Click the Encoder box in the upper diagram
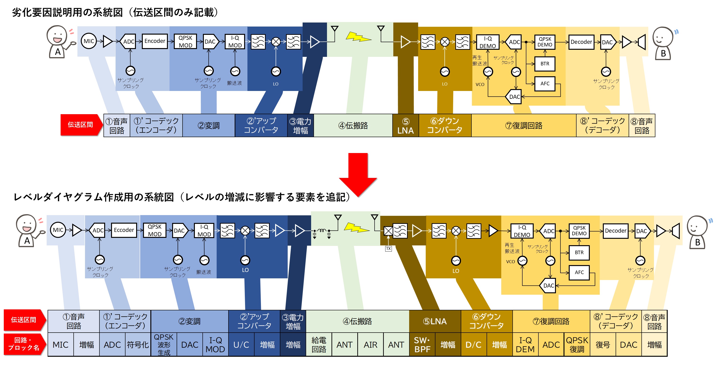click(x=155, y=41)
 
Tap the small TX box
click(x=388, y=249)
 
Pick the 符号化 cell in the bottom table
click(x=138, y=345)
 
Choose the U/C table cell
click(x=241, y=345)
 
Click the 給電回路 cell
click(x=318, y=345)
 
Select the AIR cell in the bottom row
click(x=370, y=345)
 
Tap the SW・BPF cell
click(x=422, y=345)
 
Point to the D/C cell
click(x=473, y=345)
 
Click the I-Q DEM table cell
click(x=525, y=345)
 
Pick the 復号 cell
click(x=603, y=345)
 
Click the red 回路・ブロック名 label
click(x=24, y=344)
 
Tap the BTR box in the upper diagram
click(x=545, y=64)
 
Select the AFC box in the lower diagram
click(x=579, y=272)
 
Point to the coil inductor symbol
click(x=322, y=230)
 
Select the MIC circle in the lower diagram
click(x=58, y=230)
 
